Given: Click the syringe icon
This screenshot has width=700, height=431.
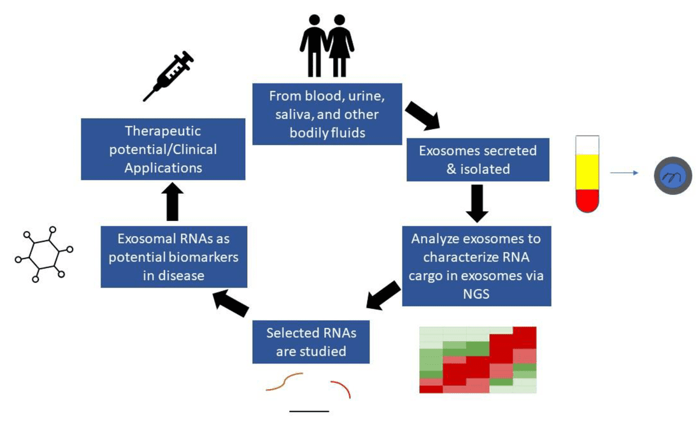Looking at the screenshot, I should click(x=168, y=76).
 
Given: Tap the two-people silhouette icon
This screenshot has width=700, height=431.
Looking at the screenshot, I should click(x=327, y=45).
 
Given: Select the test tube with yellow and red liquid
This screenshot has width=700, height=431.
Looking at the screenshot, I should click(x=587, y=173).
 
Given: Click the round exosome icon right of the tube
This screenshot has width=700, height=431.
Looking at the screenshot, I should click(x=673, y=175).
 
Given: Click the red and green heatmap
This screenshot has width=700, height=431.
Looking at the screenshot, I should click(x=478, y=360).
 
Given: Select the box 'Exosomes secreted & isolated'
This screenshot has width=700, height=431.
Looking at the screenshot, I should click(x=478, y=160).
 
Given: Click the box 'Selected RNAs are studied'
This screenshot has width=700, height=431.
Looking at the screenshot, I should click(x=311, y=342).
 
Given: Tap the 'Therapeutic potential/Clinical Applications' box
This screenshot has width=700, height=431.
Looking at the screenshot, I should click(x=163, y=149).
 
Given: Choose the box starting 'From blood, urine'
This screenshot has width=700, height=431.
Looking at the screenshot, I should click(x=327, y=114).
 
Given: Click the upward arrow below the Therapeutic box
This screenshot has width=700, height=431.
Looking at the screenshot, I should click(x=172, y=202).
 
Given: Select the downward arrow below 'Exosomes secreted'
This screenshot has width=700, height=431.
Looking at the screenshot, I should click(x=477, y=202).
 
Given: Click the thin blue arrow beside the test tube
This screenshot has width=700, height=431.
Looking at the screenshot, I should click(x=624, y=172).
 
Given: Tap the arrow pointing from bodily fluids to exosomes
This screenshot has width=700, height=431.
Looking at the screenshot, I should click(x=422, y=115).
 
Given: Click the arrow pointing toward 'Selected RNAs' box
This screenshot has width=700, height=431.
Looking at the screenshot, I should click(x=383, y=296).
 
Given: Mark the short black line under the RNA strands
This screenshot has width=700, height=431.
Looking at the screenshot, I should click(x=309, y=411).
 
